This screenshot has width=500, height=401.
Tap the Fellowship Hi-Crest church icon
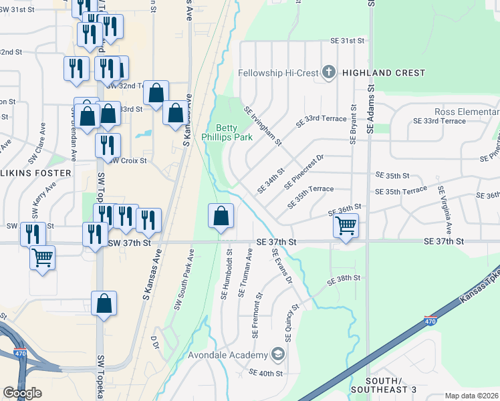coord(328,72)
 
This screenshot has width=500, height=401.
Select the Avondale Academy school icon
coord(277,354)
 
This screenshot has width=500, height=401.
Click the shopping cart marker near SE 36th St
coord(346,227)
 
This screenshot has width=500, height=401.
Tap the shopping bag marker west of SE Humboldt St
coord(221,217)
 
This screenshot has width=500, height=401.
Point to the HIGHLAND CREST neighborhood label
coord(383,73)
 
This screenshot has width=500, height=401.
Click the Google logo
coord(22,393)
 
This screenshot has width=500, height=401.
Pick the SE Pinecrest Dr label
coord(303,171)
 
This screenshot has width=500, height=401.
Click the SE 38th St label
coord(344,277)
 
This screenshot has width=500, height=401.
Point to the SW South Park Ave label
coord(183,280)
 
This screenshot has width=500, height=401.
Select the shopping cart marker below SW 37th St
coord(42,257)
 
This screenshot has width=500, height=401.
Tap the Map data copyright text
coord(471,395)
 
